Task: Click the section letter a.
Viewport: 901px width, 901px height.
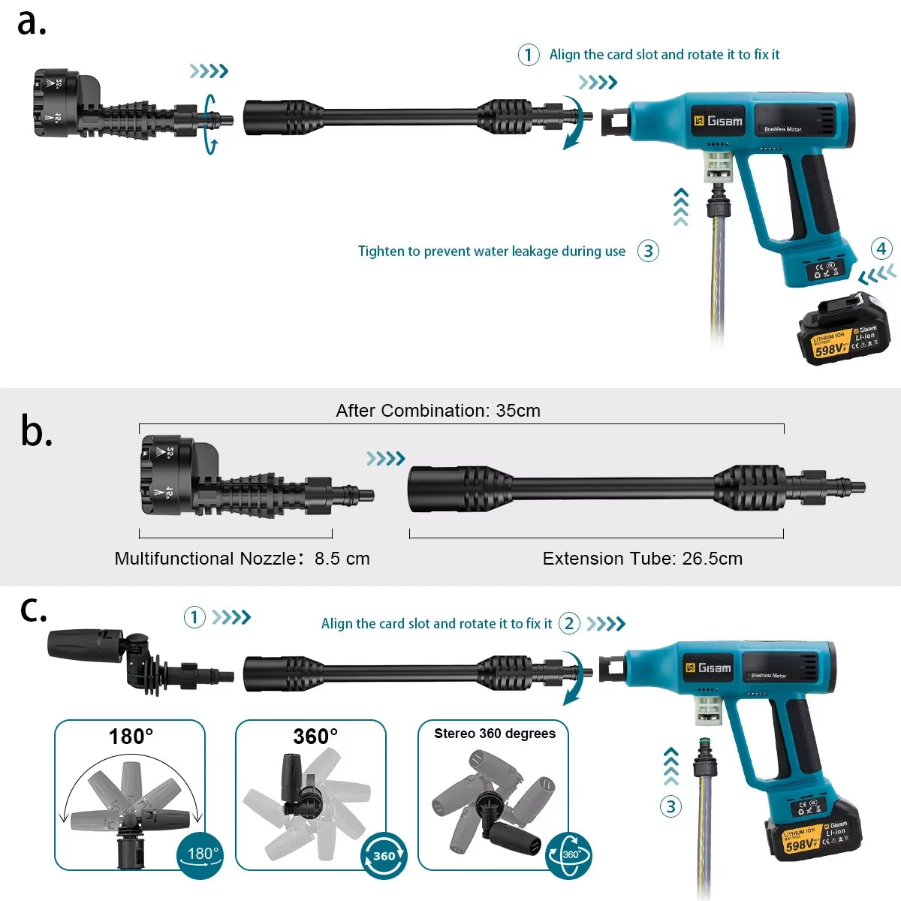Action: pos(32,23)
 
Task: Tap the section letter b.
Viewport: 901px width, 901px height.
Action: pos(36,432)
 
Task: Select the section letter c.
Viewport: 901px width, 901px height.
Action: pos(33,610)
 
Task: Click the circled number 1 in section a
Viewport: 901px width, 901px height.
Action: pos(529,55)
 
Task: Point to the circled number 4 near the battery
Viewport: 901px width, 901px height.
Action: pos(881,249)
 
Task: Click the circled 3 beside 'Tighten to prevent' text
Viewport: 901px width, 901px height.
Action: pos(648,251)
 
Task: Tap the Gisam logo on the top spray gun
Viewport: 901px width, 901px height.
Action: pos(718,121)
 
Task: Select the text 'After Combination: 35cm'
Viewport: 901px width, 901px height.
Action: pos(438,411)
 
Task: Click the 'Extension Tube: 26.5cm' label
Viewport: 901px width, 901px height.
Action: pos(642,559)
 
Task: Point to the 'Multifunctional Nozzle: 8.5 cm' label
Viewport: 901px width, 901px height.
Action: pos(242,559)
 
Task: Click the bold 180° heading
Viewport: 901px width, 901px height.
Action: pos(131,737)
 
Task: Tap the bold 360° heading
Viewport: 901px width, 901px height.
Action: pos(315,737)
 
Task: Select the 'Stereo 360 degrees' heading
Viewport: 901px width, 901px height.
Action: pos(495,734)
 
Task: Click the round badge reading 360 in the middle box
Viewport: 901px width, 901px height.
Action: pos(384,856)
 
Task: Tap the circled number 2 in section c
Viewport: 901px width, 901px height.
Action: pos(569,624)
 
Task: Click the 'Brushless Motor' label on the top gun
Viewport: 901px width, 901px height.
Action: pos(782,129)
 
